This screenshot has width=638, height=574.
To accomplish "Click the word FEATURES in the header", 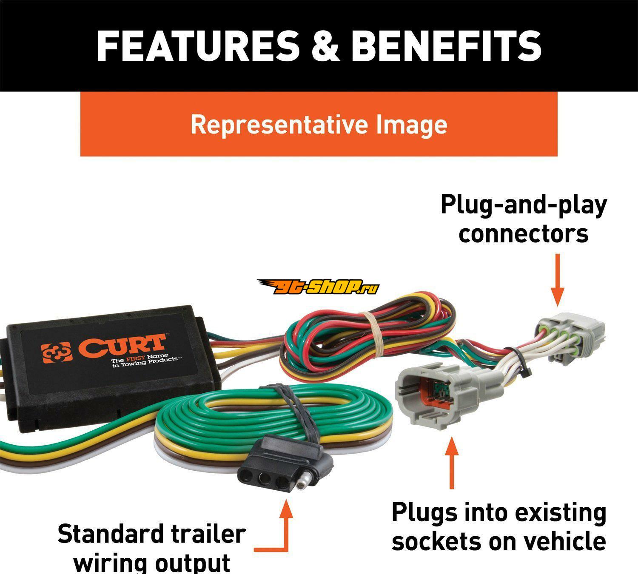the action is click(199, 46).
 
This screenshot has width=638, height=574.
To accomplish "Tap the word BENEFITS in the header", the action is click(446, 46).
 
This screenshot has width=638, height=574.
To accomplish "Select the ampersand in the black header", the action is click(325, 46).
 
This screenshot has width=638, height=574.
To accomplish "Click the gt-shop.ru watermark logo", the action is click(318, 287).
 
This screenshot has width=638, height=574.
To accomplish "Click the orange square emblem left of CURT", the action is click(57, 352).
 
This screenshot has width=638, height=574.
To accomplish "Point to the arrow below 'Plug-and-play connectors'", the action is click(557, 279).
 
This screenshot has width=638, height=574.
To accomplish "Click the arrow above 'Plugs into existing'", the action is click(452, 463).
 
